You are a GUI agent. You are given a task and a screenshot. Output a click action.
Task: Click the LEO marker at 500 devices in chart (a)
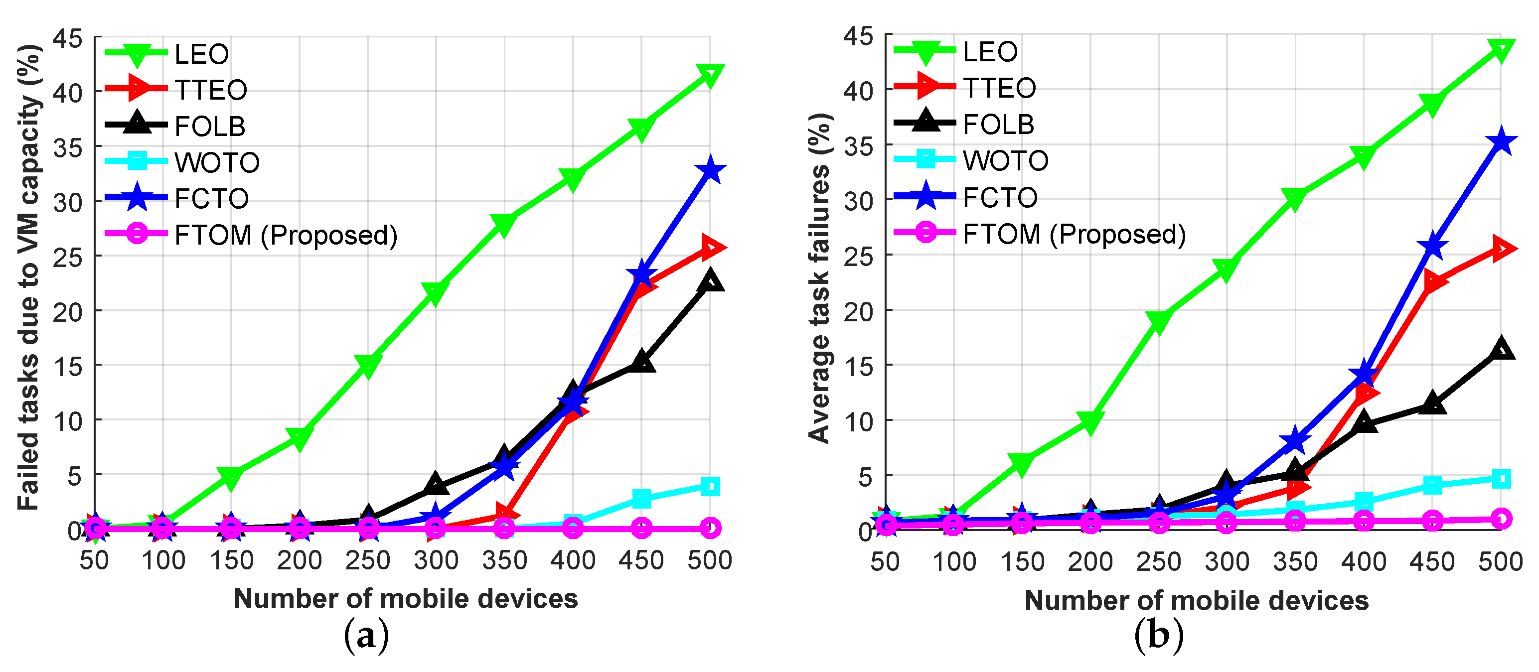point(710,75)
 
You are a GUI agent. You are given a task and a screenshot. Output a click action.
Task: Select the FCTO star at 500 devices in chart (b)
point(1501,142)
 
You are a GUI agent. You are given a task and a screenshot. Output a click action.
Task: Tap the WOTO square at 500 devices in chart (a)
point(710,486)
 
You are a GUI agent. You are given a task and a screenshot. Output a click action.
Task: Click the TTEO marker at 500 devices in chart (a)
point(711,247)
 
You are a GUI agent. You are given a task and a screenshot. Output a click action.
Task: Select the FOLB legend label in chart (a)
point(210,126)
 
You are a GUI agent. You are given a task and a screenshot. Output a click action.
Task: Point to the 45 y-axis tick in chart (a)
point(67,38)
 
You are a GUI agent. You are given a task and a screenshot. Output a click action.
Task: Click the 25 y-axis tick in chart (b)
point(859,256)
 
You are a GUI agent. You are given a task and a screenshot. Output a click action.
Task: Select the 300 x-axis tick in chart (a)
point(436,560)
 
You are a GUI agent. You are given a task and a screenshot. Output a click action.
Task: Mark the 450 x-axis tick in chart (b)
point(1432,561)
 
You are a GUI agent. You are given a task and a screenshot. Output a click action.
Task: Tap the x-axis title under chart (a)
point(406,599)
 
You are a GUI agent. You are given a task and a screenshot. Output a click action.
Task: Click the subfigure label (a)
point(366,637)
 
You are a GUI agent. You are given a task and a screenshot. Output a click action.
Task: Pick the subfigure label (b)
point(1158,637)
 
